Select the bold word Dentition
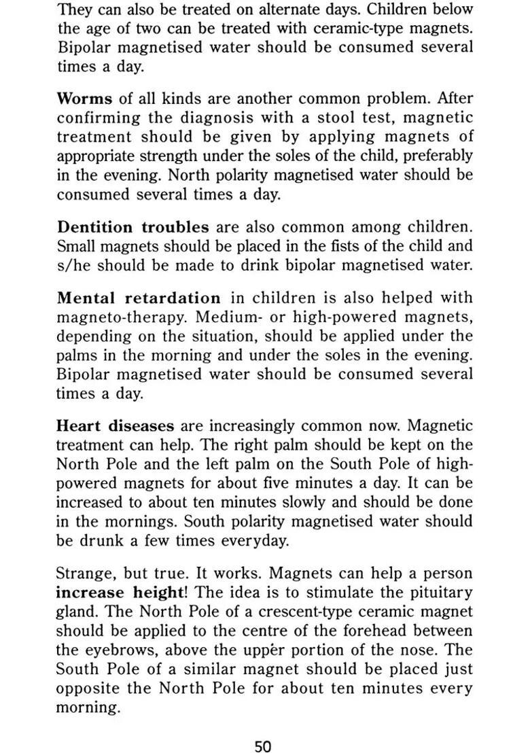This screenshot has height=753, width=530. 95,227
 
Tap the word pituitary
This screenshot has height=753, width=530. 437,593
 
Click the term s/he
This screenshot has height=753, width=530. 73,265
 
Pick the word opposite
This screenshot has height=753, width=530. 90,688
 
